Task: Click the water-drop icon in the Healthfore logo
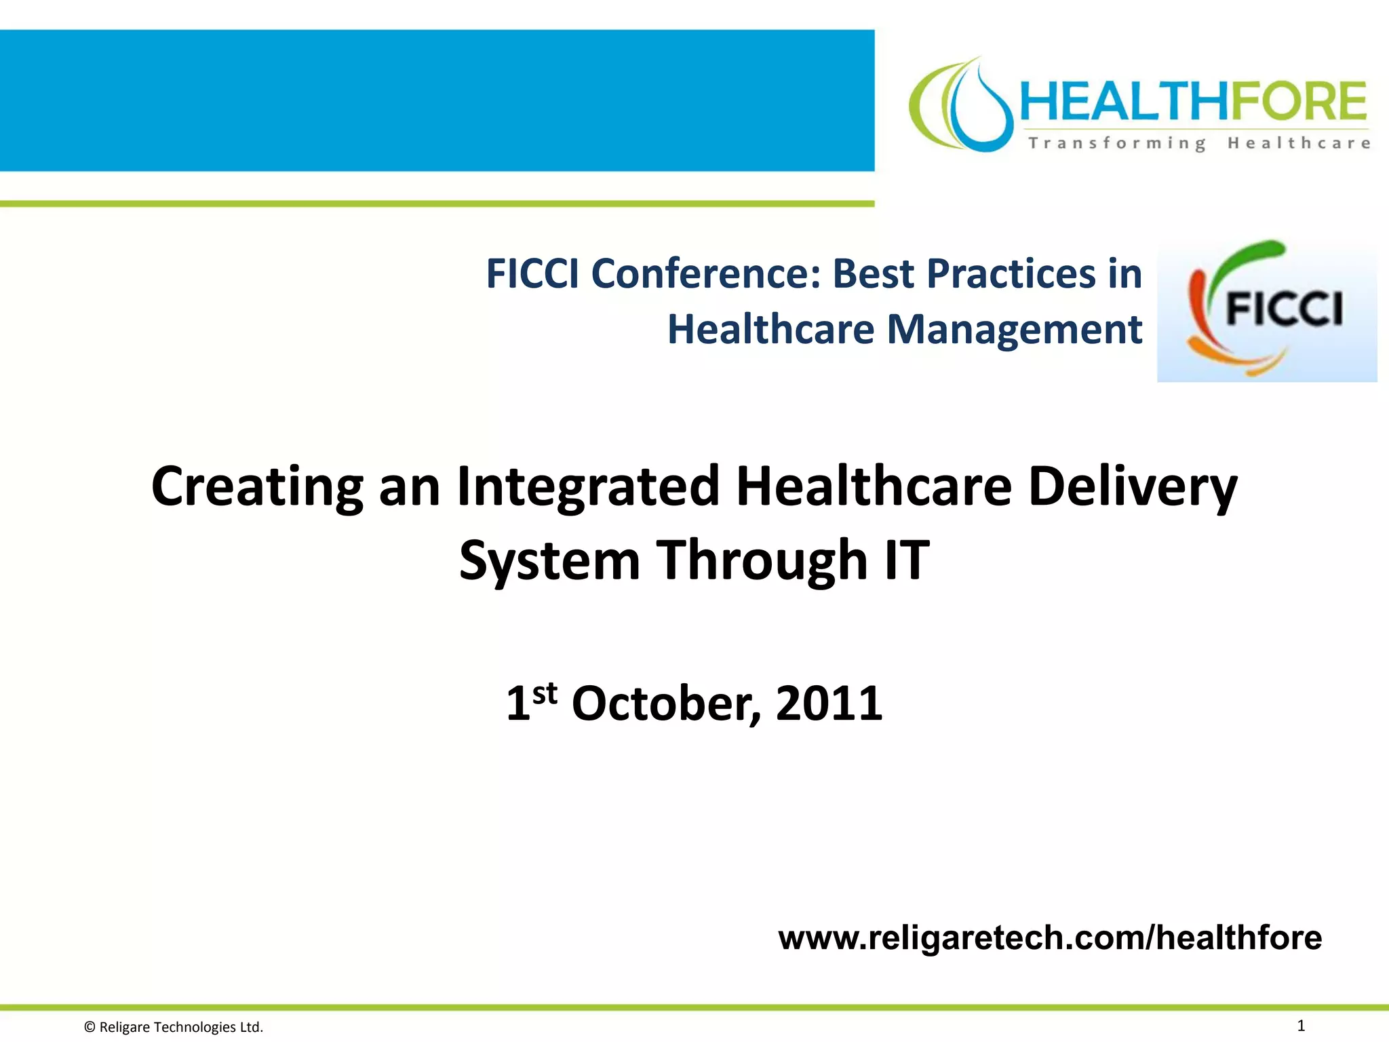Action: coord(977,109)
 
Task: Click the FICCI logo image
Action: coord(1266,311)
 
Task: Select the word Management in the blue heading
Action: coord(1015,330)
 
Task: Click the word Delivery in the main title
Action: coord(1133,487)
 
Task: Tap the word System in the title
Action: coord(549,560)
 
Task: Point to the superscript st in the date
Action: coord(545,693)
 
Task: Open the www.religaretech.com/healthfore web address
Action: coord(1050,938)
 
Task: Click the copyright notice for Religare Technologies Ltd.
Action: coord(174,1027)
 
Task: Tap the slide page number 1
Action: coord(1301,1025)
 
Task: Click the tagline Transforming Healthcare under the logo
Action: coord(1199,143)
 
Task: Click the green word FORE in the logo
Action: coord(1298,102)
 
